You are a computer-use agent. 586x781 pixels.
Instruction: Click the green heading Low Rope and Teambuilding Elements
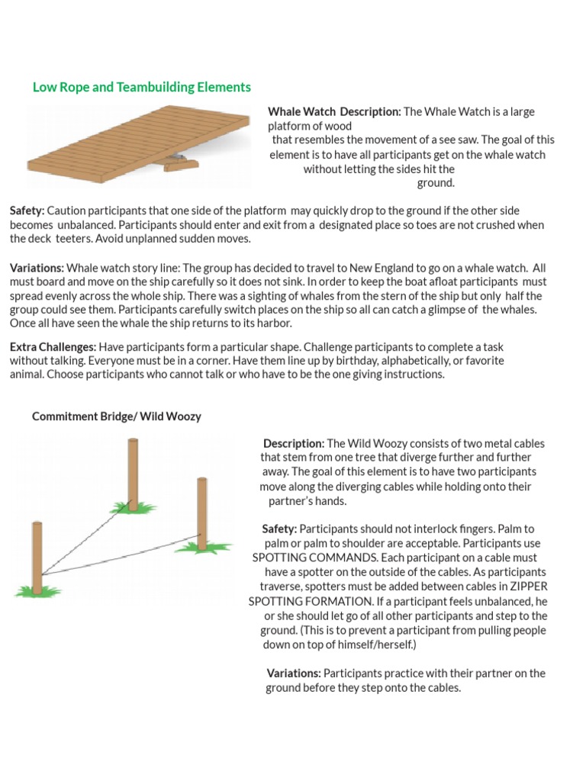tap(141, 87)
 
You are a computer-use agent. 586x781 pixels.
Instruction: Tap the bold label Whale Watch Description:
tap(334, 111)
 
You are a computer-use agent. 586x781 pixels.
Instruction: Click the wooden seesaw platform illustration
tap(139, 144)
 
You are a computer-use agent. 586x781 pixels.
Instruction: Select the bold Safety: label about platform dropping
tap(27, 211)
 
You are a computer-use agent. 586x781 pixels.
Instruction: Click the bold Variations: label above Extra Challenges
tap(37, 268)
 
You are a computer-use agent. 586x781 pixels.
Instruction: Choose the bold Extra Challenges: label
tap(53, 347)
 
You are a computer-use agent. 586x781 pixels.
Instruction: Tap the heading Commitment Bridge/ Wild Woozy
tap(117, 416)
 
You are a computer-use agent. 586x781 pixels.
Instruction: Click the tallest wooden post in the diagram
tap(133, 474)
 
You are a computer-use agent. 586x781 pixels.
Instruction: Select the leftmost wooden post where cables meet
tap(37, 558)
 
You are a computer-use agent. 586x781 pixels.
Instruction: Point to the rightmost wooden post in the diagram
tap(201, 513)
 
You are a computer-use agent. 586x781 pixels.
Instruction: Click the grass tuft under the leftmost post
tap(38, 591)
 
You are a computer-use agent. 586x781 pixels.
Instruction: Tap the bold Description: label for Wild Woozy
tap(294, 443)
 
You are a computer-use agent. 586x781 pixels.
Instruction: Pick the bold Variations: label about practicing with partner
tap(294, 673)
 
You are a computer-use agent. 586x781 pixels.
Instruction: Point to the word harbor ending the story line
tap(274, 323)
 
